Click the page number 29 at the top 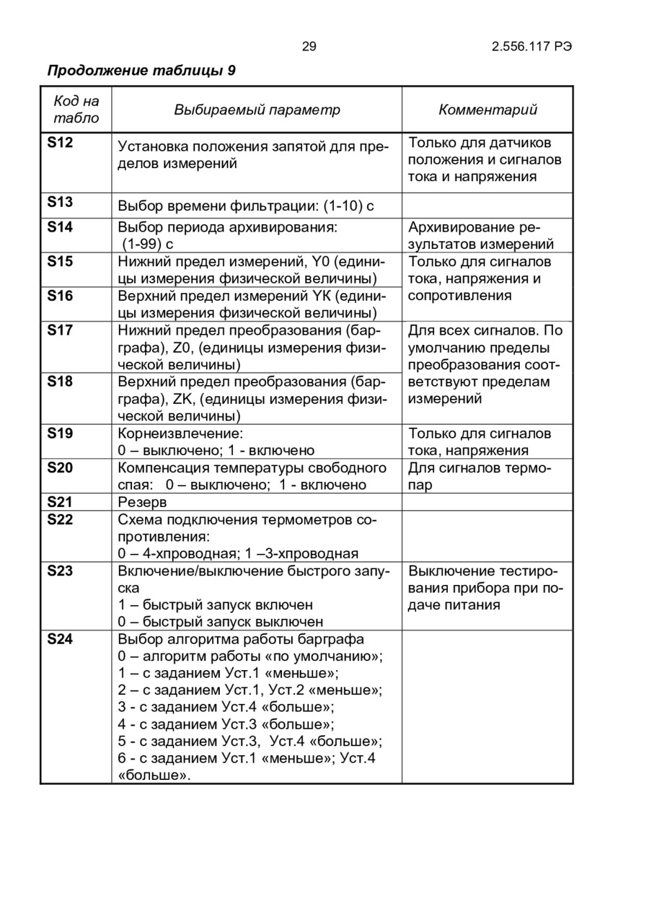point(309,47)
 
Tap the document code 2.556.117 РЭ point(532,47)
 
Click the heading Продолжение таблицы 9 point(141,71)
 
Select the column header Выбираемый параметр point(257,110)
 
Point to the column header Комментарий point(488,110)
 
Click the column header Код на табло point(76,110)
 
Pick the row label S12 point(60,143)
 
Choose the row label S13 point(60,202)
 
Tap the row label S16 point(60,296)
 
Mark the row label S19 point(60,433)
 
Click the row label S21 point(60,501)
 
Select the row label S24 point(60,638)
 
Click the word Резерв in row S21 point(142,502)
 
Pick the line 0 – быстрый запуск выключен point(221,622)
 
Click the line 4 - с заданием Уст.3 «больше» point(226,724)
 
